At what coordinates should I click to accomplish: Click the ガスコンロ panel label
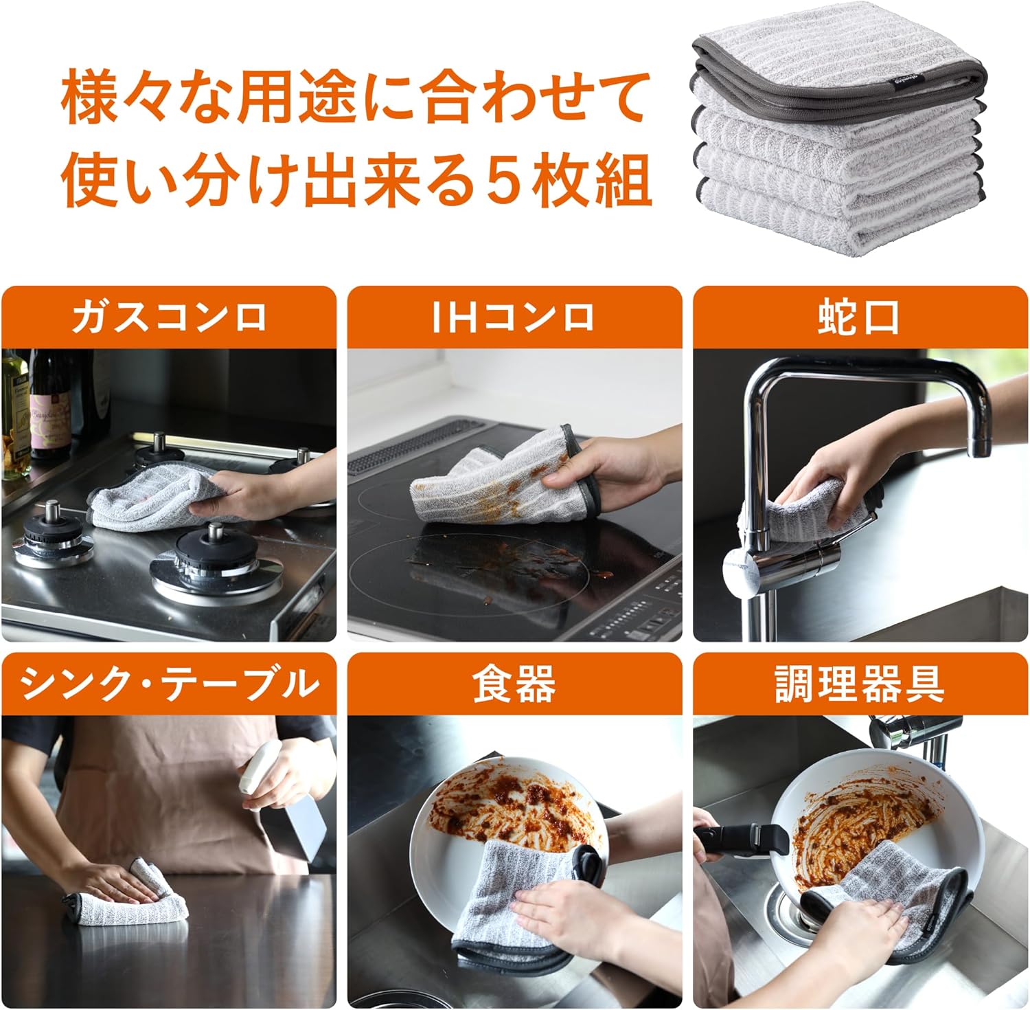click(x=168, y=317)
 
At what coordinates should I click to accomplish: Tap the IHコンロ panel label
click(x=514, y=317)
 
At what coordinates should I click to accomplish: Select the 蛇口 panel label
click(x=859, y=317)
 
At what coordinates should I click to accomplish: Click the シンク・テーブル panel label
click(x=170, y=684)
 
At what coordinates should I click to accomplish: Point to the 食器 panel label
click(x=514, y=684)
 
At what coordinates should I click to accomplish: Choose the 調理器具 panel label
click(x=860, y=684)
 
